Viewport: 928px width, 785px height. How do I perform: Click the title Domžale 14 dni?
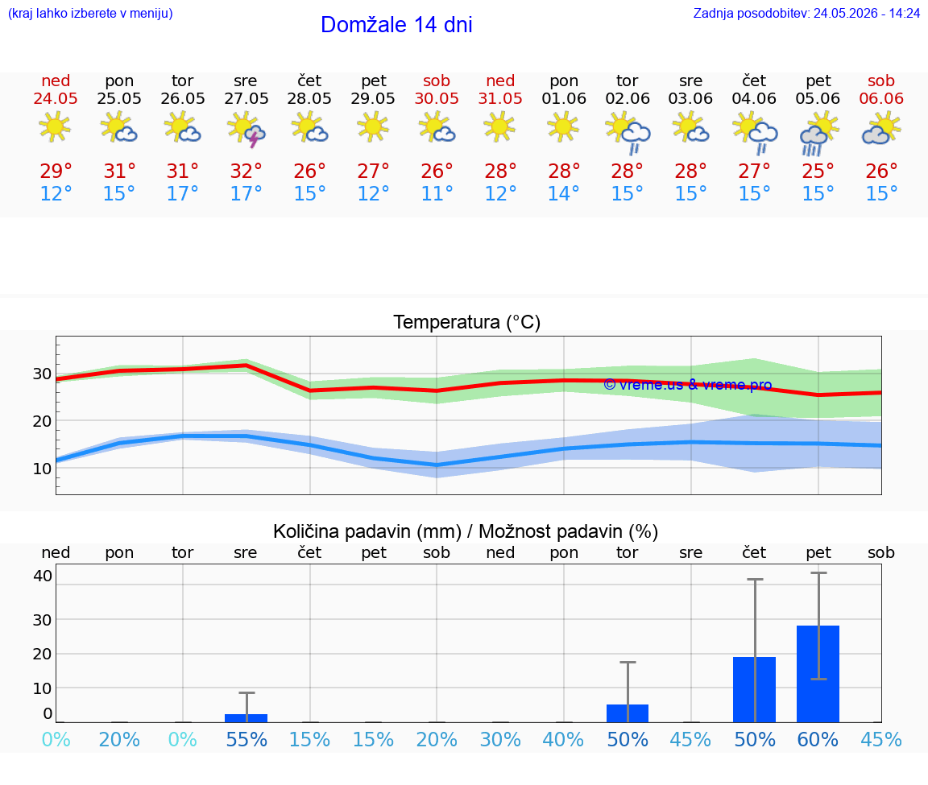396,25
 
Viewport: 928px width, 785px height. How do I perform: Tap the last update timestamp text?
806,13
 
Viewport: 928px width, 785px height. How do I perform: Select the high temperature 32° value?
246,171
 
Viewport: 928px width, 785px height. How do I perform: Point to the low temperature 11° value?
437,193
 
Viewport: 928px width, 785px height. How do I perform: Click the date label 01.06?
564,98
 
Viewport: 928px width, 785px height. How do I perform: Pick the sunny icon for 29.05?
373,126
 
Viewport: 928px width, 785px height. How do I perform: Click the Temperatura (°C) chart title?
467,322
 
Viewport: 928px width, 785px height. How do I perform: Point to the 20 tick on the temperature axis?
42,421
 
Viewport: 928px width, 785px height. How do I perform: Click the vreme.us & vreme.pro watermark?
688,385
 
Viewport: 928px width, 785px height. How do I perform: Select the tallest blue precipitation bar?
818,674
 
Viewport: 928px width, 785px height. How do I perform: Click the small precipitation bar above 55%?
246,718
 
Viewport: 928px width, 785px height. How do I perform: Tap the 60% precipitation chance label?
818,739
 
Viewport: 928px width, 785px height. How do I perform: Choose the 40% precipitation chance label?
563,739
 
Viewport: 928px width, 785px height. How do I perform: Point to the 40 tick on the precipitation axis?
43,576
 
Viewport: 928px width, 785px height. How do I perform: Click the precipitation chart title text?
466,531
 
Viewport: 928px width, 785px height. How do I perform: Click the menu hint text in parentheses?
90,13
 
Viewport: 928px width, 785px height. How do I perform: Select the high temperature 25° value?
818,171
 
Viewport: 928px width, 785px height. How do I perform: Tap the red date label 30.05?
437,98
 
